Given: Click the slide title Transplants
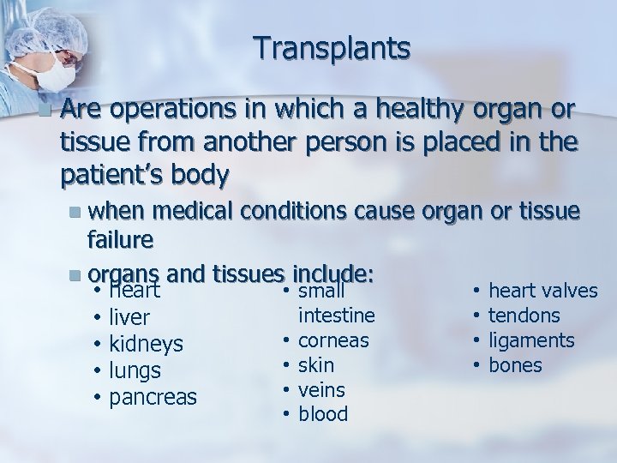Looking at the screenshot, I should [x=332, y=48].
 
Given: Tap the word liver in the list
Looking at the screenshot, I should [x=130, y=317].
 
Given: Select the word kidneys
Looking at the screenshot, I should [x=147, y=344].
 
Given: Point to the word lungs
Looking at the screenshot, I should [x=135, y=370].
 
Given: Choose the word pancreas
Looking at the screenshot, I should [x=153, y=398].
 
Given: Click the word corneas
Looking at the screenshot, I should [x=333, y=340].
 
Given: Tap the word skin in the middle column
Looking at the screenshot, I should [x=316, y=365].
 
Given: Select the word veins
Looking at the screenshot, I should [x=321, y=390].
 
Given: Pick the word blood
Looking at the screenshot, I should [x=323, y=415].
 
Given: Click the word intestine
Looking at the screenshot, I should [x=337, y=316].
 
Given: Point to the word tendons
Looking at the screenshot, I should [x=524, y=316].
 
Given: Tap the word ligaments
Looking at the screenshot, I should [x=531, y=340].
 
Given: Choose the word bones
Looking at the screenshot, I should [x=515, y=365].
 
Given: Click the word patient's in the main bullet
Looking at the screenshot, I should [x=112, y=176].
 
